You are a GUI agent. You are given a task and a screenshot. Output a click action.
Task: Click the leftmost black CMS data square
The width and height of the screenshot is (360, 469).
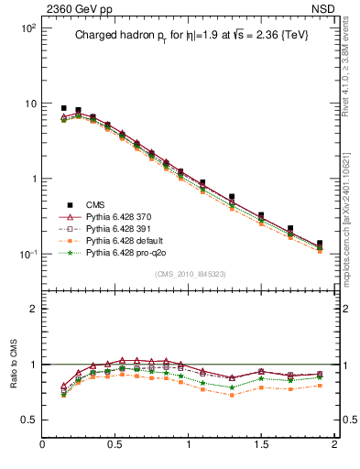(63, 108)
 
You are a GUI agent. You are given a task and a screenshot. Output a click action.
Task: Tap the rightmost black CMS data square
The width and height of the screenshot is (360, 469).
(320, 244)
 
